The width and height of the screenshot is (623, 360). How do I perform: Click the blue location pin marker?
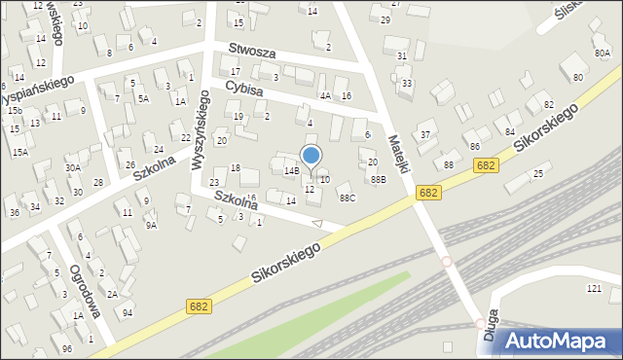click(x=311, y=157)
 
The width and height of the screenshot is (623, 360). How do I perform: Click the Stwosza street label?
click(x=254, y=51)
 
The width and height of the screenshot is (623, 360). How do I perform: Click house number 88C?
click(x=348, y=198)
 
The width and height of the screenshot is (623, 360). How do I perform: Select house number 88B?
click(x=379, y=179)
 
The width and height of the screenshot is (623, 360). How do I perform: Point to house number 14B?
click(x=291, y=170)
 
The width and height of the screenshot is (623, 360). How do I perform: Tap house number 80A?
click(x=602, y=54)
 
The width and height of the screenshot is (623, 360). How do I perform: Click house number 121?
click(x=594, y=289)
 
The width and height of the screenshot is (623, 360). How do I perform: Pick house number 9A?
click(x=151, y=225)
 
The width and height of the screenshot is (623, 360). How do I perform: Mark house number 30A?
click(x=73, y=167)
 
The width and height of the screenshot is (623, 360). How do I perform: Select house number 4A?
click(x=325, y=95)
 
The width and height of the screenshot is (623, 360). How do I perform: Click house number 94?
click(x=128, y=312)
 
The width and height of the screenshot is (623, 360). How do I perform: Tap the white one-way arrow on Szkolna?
click(x=316, y=223)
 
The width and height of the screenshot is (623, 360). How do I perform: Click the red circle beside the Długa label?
click(x=480, y=322)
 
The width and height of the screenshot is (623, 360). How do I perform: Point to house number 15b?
click(x=15, y=111)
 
